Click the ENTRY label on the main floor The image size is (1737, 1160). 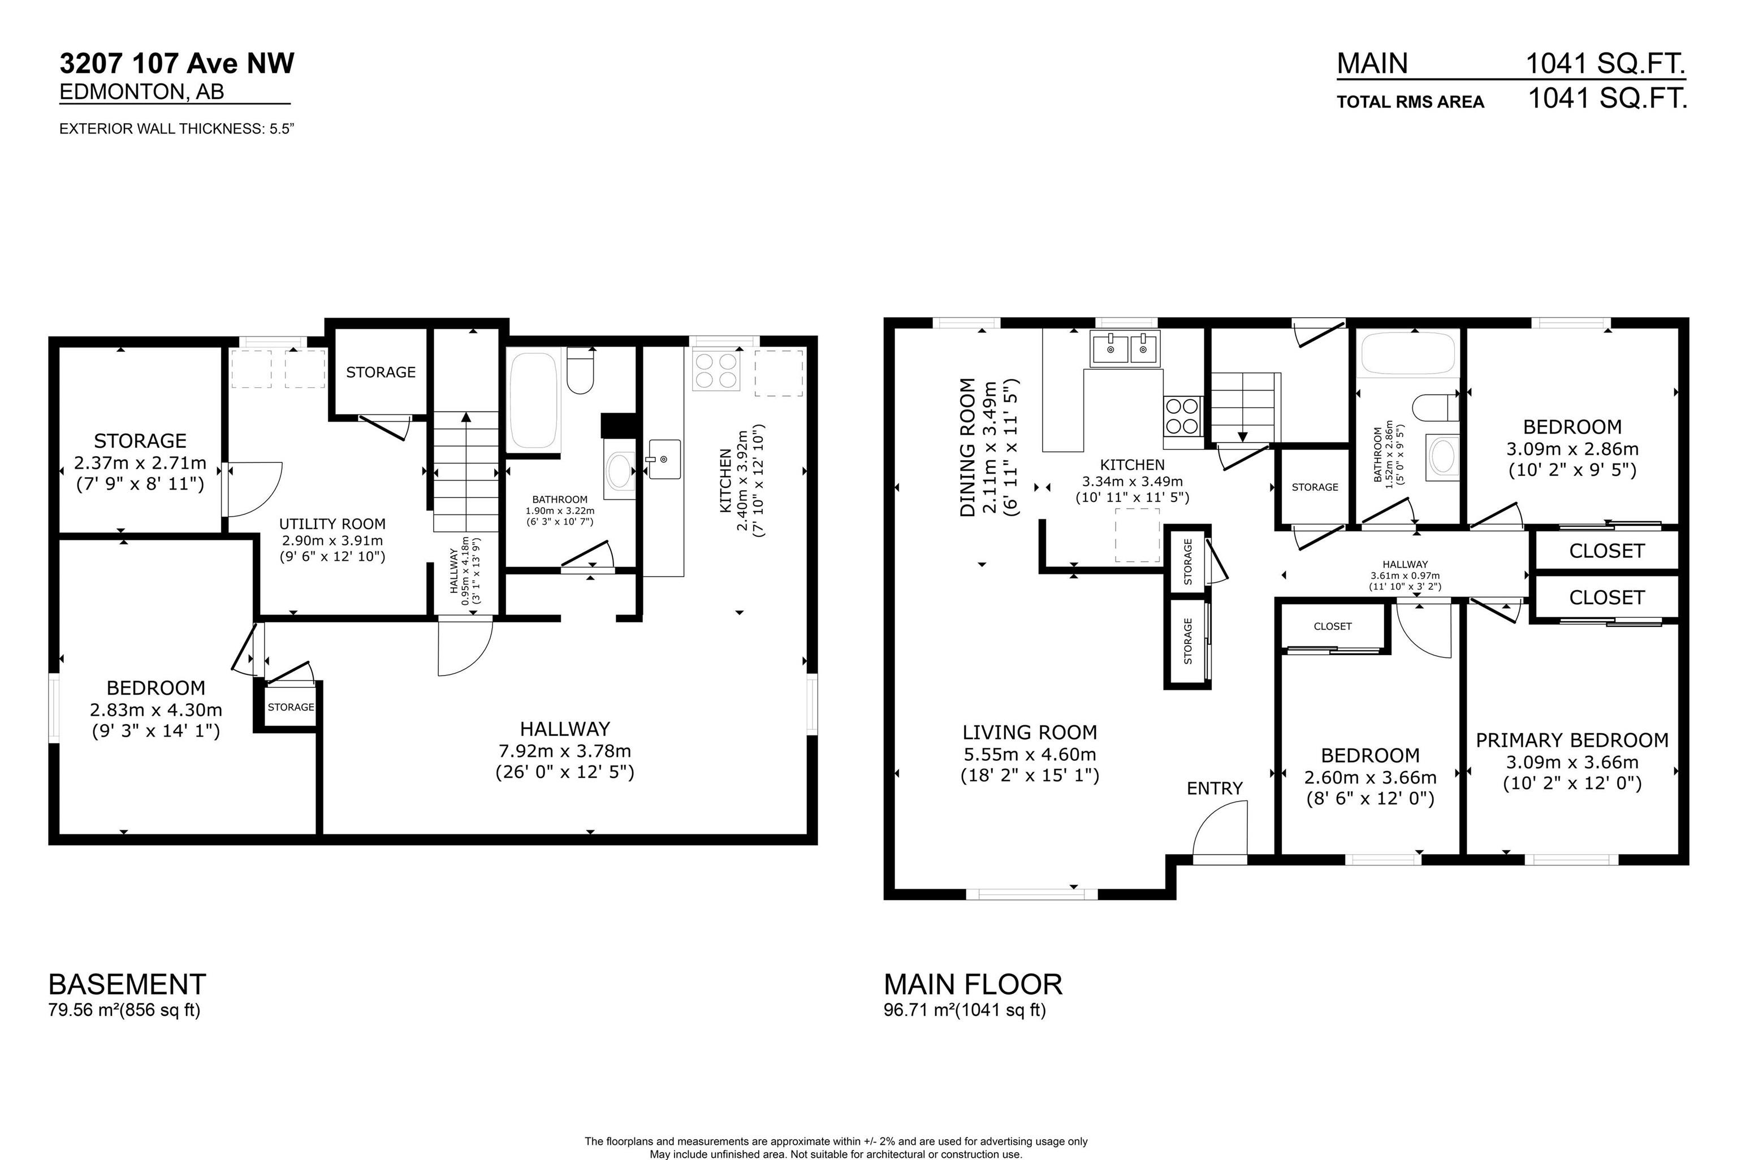[1214, 789]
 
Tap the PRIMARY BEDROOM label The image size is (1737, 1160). [1572, 741]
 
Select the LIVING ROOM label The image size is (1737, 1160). [1029, 733]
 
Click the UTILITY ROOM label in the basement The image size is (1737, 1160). [332, 524]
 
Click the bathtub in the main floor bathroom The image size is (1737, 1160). [1408, 353]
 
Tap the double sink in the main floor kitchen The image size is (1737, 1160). [1125, 348]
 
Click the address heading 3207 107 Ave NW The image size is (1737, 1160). [177, 64]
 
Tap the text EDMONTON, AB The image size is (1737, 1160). [141, 92]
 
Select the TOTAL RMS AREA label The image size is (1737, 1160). [1410, 102]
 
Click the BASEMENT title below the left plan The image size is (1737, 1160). [127, 985]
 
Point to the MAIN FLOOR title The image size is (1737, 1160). [973, 985]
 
